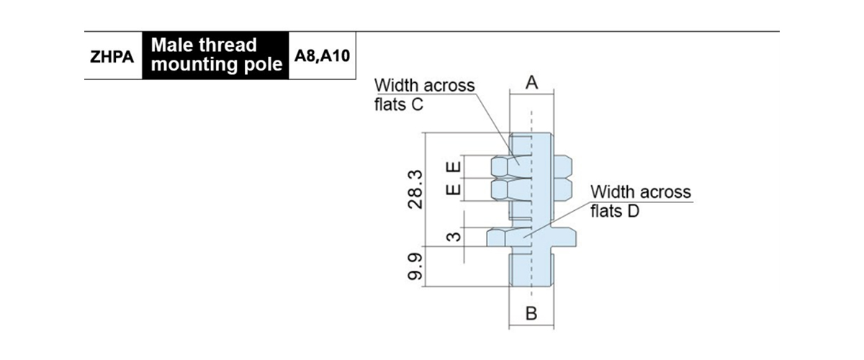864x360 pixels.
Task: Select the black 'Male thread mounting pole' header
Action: coord(215,55)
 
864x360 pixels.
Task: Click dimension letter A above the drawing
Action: coord(531,83)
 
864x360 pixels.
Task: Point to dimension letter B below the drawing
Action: coord(531,314)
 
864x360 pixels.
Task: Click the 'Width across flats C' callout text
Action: coord(425,94)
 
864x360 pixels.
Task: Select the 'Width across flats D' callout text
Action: coord(640,202)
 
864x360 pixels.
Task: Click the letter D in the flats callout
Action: coord(634,212)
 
